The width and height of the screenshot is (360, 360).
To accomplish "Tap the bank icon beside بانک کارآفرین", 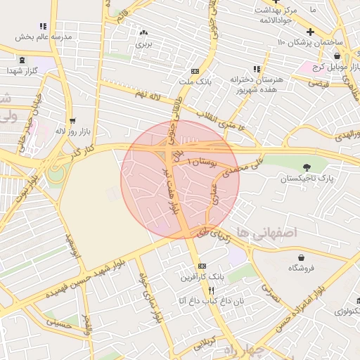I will [202, 266].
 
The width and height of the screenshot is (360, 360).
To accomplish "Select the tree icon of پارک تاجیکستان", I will [307, 167].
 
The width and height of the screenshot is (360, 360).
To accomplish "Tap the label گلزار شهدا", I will [22, 71].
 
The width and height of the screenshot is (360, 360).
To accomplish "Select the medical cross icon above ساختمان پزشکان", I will [310, 32].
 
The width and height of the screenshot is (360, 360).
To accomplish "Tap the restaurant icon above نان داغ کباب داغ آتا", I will [211, 290].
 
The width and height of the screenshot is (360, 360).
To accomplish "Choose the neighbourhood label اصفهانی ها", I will [268, 231].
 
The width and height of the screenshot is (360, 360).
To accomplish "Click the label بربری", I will [144, 44].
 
